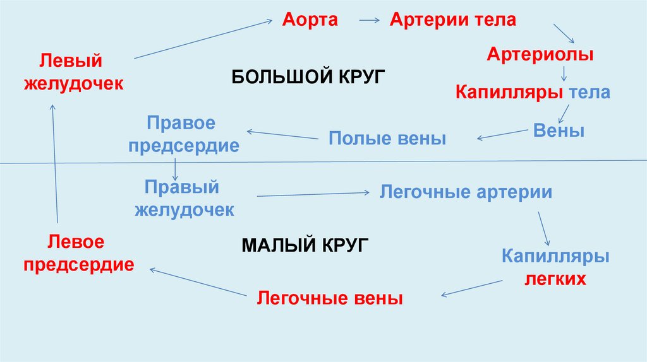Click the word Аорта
point(310,20)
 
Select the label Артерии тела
point(452,20)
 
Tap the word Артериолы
point(540,55)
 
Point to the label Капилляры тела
point(533,93)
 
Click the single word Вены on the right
point(559,131)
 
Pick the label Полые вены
point(387,139)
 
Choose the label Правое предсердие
point(183,134)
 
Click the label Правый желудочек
point(184,198)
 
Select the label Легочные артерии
point(466,192)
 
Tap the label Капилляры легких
point(555,267)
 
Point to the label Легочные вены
point(329,298)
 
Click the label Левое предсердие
point(78,253)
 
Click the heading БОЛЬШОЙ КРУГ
point(308,77)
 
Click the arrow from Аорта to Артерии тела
point(369,20)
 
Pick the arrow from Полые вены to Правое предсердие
point(281,134)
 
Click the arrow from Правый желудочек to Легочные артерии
point(313,194)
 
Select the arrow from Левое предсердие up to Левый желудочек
point(55,164)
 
